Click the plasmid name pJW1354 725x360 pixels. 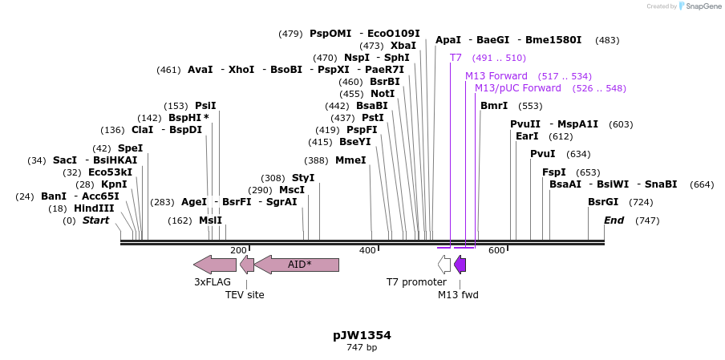(x=362, y=334)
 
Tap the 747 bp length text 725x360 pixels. (x=362, y=347)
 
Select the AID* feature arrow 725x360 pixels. (x=297, y=264)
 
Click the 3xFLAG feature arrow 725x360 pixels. (x=214, y=264)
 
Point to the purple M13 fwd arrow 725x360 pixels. (x=460, y=264)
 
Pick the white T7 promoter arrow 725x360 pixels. (x=444, y=264)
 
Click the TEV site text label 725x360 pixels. (x=245, y=294)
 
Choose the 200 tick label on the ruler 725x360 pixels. (x=238, y=250)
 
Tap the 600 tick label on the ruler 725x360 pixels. (x=496, y=250)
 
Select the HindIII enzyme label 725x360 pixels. (x=94, y=208)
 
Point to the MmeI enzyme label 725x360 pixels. (x=350, y=160)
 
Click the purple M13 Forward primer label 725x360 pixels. (x=496, y=75)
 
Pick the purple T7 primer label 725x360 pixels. (x=456, y=58)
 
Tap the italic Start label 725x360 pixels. (x=95, y=220)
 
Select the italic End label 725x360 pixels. (x=614, y=220)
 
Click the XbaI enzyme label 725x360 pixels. (x=403, y=46)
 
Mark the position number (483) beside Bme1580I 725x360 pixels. (x=607, y=39)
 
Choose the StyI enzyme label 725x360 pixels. (x=303, y=177)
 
